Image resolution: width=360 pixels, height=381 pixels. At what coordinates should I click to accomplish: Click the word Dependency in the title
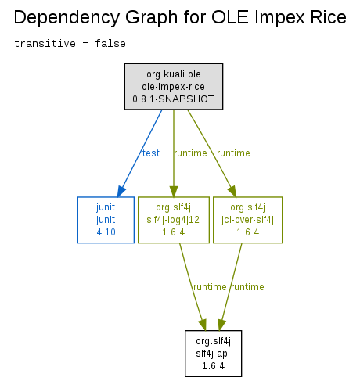[67, 18]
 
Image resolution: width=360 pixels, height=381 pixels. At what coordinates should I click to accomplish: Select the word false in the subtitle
[110, 43]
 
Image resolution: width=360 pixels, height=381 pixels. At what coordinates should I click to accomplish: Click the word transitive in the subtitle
[45, 43]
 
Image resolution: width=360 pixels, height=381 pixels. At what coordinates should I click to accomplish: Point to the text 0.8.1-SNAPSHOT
[173, 99]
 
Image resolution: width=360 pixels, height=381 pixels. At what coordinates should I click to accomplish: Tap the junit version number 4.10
[106, 232]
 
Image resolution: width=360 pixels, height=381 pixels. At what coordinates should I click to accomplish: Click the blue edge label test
[151, 153]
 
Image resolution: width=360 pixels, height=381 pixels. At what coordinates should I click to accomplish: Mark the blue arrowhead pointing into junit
[121, 191]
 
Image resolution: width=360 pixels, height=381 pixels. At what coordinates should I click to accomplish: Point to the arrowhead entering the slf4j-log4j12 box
[174, 192]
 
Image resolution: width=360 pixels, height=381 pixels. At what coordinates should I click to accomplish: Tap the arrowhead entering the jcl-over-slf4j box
[232, 192]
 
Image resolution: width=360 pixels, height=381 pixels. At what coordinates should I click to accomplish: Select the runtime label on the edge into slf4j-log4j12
[190, 153]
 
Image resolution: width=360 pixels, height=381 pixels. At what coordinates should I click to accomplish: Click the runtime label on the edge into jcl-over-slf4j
[233, 153]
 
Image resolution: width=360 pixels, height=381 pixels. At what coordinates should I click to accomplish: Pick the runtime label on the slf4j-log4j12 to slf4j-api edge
[210, 287]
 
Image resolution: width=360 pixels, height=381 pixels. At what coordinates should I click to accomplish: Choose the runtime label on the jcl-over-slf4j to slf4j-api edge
[247, 287]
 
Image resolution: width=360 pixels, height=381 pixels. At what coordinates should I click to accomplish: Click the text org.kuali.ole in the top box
[174, 74]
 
